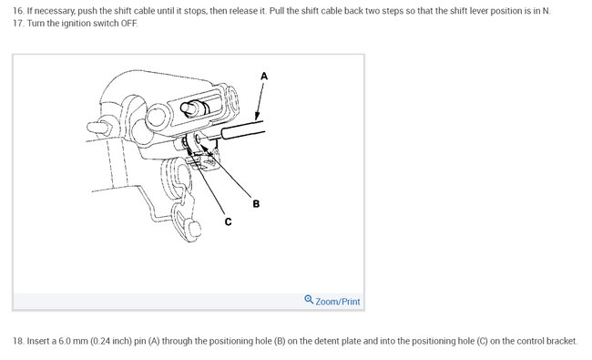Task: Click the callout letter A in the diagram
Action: pos(264,77)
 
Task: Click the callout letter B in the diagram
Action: pos(256,204)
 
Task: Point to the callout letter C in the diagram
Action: pos(228,221)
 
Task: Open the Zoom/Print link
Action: pos(338,302)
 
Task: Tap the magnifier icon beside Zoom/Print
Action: pos(309,300)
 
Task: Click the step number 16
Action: pos(18,11)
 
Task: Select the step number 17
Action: pos(18,24)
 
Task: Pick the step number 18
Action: pos(18,341)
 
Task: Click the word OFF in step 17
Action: pos(128,24)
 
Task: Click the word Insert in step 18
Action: pos(37,341)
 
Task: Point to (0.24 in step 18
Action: pos(100,342)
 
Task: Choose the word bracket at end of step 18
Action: pos(563,341)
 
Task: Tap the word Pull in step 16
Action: pos(277,11)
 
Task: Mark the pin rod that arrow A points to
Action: pos(242,129)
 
